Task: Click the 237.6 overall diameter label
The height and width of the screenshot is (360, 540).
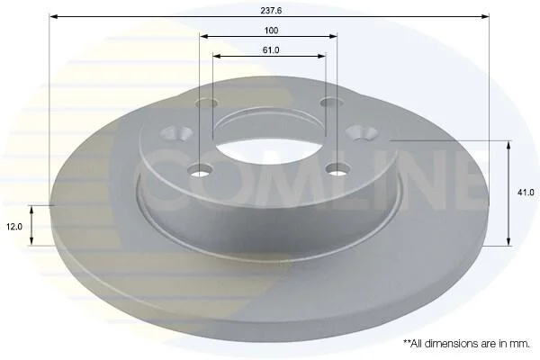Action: pos(271,10)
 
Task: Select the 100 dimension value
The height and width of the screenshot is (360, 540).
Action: pos(271,31)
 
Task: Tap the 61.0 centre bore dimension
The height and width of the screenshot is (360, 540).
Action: pos(271,50)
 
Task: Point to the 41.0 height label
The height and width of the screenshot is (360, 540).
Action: pos(526,193)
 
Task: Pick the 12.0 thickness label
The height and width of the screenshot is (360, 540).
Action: pos(14,227)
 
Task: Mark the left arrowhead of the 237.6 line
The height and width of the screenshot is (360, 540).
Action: pos(53,16)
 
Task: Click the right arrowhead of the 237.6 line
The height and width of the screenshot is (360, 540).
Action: pos(485,16)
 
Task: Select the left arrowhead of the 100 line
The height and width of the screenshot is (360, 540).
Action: pos(203,36)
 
